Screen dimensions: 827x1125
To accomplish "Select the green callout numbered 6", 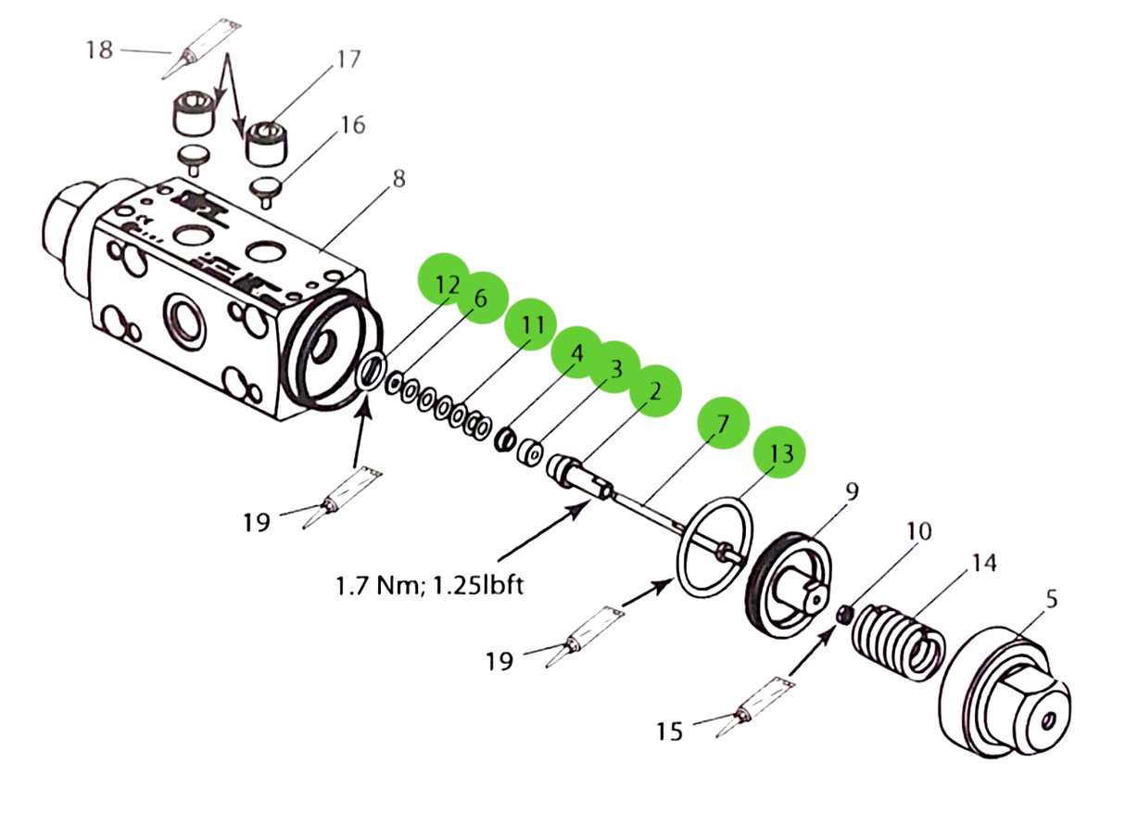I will pyautogui.click(x=479, y=299).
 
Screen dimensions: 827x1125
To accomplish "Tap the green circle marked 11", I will pyautogui.click(x=531, y=324).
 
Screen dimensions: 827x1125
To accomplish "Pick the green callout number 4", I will pyautogui.click(x=577, y=352).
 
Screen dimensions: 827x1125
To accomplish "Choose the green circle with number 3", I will pyautogui.click(x=614, y=366).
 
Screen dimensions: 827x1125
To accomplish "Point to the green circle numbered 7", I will pyautogui.click(x=724, y=423).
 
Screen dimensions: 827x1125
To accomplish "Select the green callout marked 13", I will pyautogui.click(x=779, y=452).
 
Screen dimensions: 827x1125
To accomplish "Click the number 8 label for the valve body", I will pyautogui.click(x=398, y=179).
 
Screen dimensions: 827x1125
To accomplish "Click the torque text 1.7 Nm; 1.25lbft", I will pyautogui.click(x=429, y=586).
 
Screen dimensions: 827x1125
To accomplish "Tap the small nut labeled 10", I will pyautogui.click(x=843, y=615).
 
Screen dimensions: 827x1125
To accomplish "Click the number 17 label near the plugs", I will pyautogui.click(x=348, y=60).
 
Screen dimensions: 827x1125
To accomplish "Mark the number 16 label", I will pyautogui.click(x=353, y=124).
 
